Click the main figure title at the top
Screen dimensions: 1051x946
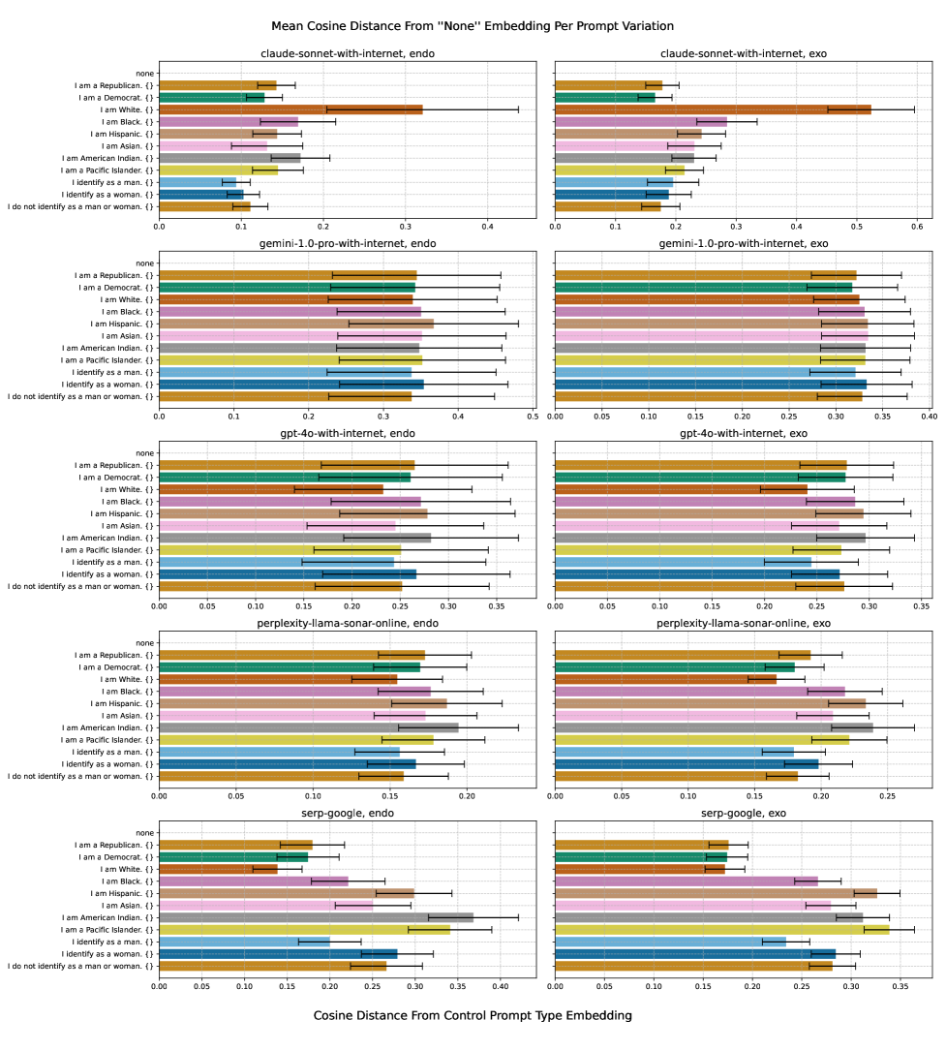click(473, 25)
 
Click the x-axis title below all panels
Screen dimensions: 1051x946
click(473, 1015)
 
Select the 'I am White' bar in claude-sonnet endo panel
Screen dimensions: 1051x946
click(290, 109)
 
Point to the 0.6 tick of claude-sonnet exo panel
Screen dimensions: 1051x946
click(916, 226)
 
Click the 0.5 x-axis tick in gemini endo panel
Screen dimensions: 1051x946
click(532, 416)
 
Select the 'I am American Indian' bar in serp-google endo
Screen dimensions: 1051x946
click(316, 917)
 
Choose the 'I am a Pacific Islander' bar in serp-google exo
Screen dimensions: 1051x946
click(721, 930)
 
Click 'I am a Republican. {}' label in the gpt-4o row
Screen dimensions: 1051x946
click(113, 465)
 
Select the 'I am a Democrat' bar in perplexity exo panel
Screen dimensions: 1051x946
click(675, 667)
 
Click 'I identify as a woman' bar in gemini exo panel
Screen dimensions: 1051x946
click(711, 385)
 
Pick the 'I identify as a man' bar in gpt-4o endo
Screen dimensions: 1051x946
click(276, 562)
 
